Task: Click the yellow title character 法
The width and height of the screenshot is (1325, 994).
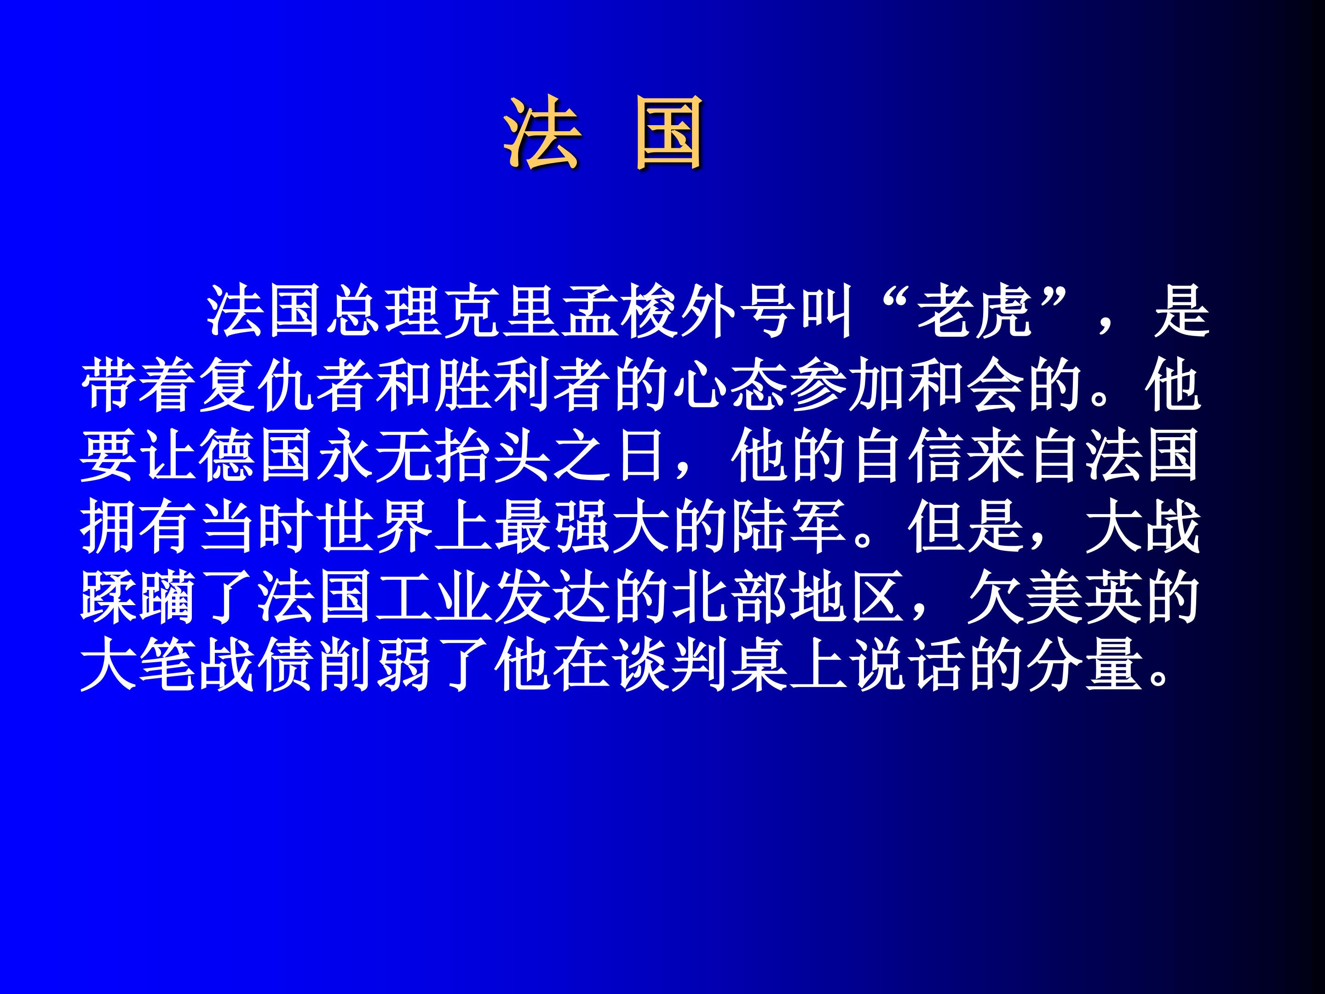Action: click(542, 133)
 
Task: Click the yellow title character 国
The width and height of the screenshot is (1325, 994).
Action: click(669, 133)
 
